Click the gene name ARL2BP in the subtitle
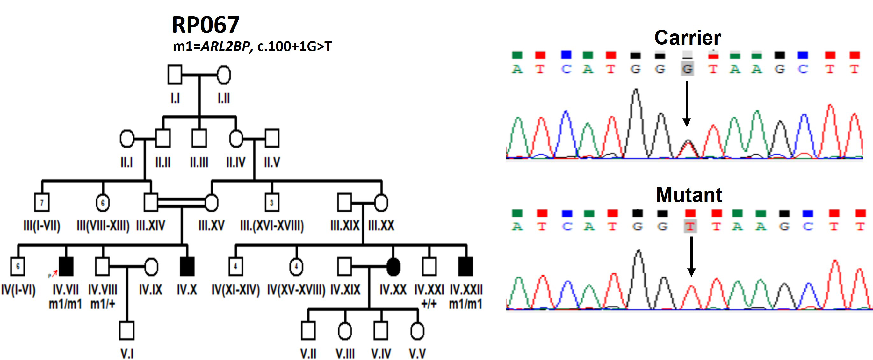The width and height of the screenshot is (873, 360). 225,47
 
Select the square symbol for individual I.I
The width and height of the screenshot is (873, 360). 175,75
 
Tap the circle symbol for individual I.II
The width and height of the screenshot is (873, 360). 224,75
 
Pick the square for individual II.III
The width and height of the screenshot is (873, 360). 199,138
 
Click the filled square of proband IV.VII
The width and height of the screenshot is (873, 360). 66,266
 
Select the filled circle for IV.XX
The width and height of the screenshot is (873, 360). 393,266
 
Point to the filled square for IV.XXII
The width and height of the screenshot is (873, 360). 465,266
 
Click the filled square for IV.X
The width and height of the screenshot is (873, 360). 187,266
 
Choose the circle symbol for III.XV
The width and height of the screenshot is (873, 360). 212,202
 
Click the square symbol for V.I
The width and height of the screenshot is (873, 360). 127,330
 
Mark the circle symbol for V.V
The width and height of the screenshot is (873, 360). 417,330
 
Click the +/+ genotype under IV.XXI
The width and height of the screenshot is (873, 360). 429,304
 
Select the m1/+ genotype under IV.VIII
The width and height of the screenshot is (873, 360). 103,304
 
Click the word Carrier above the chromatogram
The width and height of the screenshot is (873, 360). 688,37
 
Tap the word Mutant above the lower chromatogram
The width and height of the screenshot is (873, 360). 689,195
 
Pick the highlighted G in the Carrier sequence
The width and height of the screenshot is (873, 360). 687,69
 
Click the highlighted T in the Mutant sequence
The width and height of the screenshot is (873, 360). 690,226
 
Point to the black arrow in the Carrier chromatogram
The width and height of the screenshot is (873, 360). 687,104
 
